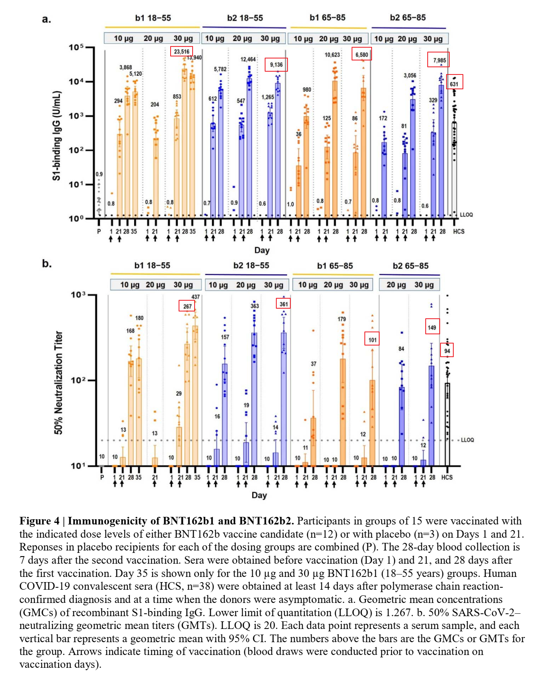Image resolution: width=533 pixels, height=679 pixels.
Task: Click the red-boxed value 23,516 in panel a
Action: [181, 52]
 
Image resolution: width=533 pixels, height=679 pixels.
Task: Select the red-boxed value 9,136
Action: [276, 64]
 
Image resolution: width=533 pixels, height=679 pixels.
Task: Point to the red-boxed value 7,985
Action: [439, 60]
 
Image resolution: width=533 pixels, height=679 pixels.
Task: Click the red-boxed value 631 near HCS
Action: [454, 84]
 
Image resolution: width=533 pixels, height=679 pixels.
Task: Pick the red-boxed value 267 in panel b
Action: [187, 306]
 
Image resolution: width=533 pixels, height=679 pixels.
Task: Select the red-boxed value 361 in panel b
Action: [283, 304]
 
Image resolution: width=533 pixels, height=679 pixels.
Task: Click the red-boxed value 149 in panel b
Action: [432, 327]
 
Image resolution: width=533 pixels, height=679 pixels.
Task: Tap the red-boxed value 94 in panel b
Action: [447, 351]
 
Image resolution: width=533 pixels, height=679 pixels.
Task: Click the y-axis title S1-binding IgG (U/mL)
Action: [57, 136]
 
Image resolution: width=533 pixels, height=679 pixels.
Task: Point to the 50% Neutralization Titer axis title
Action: [58, 382]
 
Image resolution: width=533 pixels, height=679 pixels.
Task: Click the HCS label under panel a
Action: [459, 231]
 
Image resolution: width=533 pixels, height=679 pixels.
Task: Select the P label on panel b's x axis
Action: [102, 477]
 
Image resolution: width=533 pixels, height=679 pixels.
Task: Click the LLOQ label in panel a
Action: [466, 215]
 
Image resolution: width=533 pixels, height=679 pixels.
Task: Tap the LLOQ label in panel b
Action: [467, 440]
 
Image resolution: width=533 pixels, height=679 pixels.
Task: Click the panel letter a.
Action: [46, 19]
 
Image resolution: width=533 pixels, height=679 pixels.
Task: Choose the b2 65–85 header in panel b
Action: [410, 266]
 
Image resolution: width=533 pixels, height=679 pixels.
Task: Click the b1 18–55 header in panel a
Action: [153, 18]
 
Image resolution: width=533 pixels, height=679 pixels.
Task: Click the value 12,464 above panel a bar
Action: [248, 59]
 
